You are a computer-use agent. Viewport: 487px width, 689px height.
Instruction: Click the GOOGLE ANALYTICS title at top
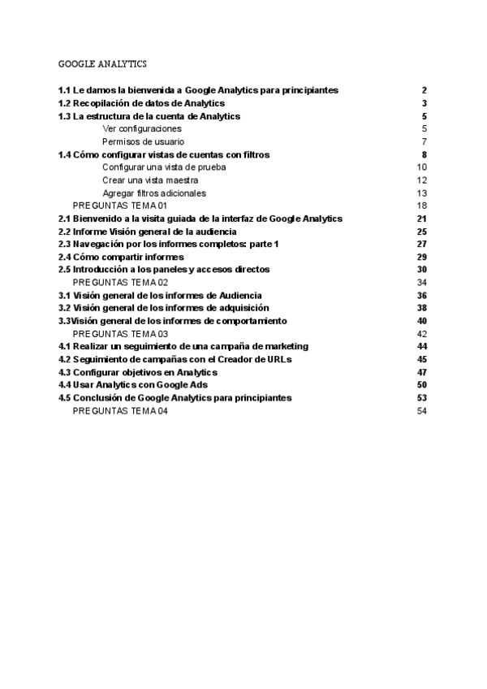coord(102,63)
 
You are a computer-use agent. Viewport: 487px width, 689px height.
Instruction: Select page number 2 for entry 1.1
coord(424,90)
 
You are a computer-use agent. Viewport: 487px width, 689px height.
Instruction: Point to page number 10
coord(422,167)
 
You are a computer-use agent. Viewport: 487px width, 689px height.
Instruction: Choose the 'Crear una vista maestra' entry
coord(151,180)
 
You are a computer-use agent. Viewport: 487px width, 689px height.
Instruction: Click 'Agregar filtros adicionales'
coord(154,193)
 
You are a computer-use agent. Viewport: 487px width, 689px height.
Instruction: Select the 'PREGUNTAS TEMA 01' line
coord(120,206)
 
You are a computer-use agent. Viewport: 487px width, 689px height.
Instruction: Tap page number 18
coord(422,206)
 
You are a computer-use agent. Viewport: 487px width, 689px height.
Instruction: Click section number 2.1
coord(64,219)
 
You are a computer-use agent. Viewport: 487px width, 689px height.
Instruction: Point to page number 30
coord(422,269)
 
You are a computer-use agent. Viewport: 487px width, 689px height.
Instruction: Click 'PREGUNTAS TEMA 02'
coord(120,282)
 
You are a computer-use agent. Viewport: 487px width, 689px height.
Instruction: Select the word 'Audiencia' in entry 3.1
coord(241,295)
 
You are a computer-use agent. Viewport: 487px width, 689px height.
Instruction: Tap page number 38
coord(422,308)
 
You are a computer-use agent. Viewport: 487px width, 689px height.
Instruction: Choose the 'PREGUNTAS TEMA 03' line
coord(120,334)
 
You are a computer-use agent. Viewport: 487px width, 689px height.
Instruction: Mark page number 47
coord(422,372)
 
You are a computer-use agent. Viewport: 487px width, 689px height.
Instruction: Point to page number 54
coord(422,411)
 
